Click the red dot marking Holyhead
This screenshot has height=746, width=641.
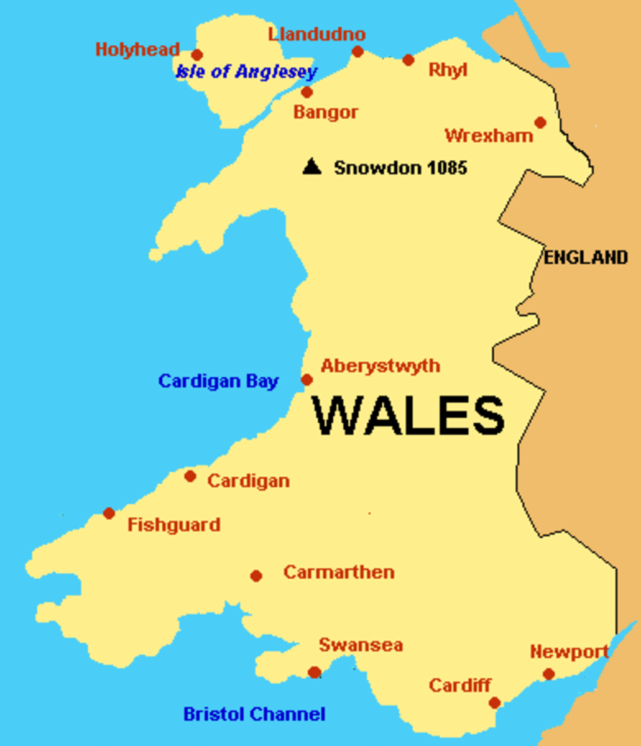(197, 55)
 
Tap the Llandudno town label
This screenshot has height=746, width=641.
(317, 34)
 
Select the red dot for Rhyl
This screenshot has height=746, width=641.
(408, 60)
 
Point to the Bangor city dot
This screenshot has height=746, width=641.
(307, 93)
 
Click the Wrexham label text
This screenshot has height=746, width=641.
(489, 136)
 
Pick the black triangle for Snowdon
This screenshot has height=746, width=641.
(311, 167)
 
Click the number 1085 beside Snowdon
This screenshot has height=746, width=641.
(445, 167)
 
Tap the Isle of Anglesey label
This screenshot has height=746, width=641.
(246, 71)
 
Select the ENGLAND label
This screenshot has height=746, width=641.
(586, 257)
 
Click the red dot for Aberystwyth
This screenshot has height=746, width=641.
(307, 379)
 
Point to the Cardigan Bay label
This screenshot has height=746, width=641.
(218, 381)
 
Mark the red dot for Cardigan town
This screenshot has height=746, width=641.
(190, 476)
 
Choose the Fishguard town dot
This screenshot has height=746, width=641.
(109, 513)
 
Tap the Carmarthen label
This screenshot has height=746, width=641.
(339, 572)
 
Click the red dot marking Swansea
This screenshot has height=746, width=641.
(315, 672)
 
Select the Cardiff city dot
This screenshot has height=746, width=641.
(494, 702)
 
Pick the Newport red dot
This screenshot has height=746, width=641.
(548, 674)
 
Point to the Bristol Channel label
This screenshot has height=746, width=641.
(254, 714)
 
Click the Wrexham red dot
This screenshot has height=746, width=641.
(540, 122)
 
